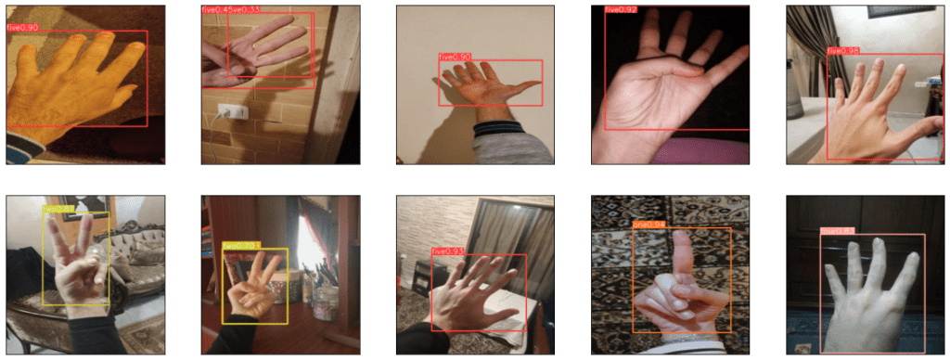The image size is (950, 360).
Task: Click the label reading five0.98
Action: click(844, 50)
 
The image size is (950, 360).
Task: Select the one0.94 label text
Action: click(648, 225)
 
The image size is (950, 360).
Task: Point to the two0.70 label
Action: click(240, 246)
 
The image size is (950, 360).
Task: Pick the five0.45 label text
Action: click(214, 9)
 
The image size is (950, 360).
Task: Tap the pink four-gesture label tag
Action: click(837, 231)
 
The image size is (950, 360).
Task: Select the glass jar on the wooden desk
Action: click(326, 301)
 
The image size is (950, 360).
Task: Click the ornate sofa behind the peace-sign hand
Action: click(139, 264)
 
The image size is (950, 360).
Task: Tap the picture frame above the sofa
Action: click(98, 208)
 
